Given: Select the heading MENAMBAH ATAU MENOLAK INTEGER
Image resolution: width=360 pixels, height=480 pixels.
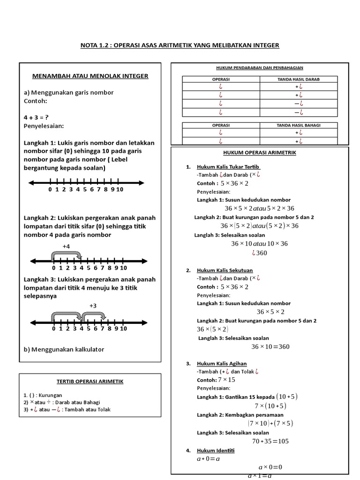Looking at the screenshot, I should pos(90,75).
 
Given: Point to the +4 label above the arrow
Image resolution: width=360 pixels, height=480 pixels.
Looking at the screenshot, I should pos(66,246).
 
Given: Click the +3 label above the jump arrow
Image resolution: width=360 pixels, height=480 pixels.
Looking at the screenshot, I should pos(92,305).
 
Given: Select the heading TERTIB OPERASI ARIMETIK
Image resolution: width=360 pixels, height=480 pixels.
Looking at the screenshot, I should pos(90,382).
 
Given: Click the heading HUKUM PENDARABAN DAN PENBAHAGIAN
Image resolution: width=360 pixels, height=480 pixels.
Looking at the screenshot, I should pos(260,68).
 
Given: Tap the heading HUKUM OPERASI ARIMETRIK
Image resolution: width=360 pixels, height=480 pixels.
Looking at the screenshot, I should pos(260,153).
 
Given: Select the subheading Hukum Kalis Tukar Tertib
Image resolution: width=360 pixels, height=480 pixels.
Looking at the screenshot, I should pos(229,167).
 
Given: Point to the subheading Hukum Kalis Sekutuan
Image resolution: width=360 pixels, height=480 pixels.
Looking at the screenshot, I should pos(225,270).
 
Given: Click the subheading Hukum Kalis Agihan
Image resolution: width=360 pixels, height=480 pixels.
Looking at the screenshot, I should pos(222,363).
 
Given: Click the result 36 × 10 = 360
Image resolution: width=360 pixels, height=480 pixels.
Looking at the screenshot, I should pos(270,347).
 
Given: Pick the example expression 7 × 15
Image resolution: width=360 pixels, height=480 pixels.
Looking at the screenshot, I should pos(227,380).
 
